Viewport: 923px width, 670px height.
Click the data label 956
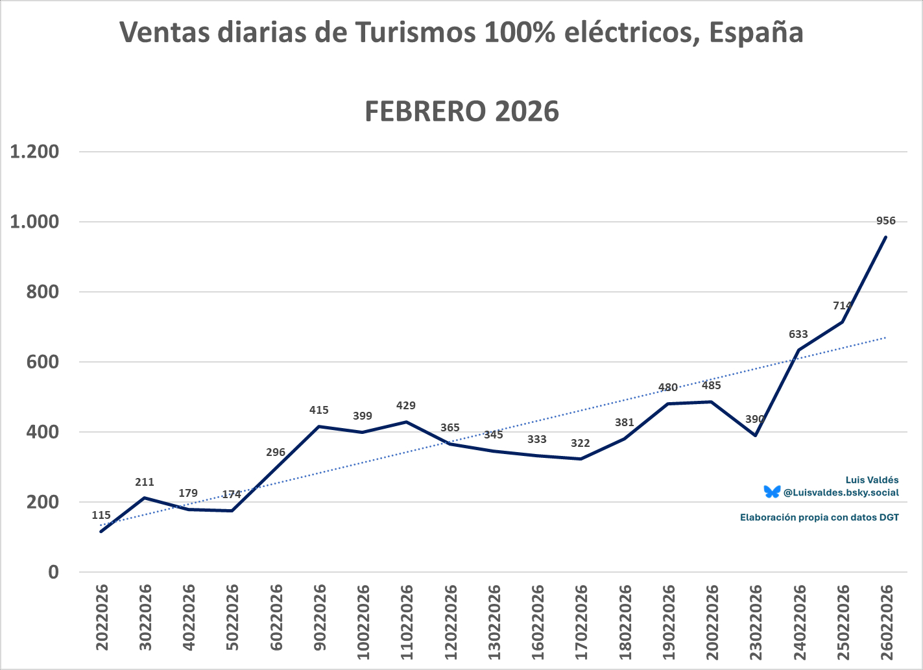pyautogui.click(x=885, y=221)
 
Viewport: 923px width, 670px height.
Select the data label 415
pyautogui.click(x=318, y=410)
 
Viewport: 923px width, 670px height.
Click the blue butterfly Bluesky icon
pyautogui.click(x=772, y=492)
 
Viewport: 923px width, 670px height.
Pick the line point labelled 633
pyautogui.click(x=798, y=350)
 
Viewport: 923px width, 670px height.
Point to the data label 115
pyautogui.click(x=101, y=516)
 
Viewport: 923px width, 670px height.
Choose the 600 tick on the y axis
pyautogui.click(x=43, y=362)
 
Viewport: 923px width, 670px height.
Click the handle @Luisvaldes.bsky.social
pyautogui.click(x=841, y=492)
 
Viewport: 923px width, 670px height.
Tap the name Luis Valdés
pyautogui.click(x=872, y=480)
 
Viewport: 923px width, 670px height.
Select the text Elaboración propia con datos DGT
pyautogui.click(x=819, y=518)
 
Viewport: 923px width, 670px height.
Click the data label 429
pyautogui.click(x=405, y=406)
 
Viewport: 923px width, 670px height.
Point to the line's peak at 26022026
pyautogui.click(x=886, y=237)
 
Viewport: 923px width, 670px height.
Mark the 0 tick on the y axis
pyautogui.click(x=53, y=572)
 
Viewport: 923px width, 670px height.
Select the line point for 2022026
pyautogui.click(x=101, y=532)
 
